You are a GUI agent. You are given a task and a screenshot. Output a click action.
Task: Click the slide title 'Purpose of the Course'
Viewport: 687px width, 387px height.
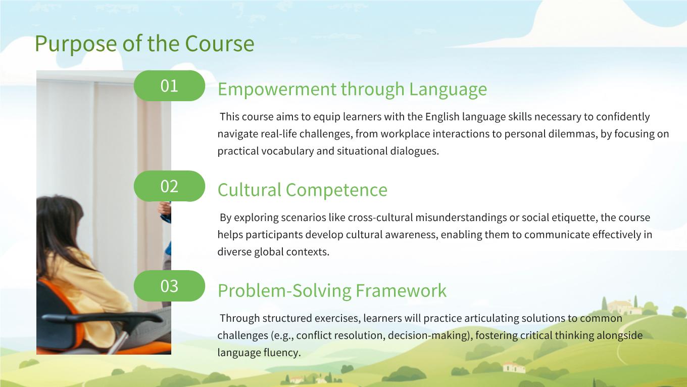point(144,44)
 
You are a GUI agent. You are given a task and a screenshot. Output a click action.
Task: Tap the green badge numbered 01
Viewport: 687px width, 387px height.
point(169,85)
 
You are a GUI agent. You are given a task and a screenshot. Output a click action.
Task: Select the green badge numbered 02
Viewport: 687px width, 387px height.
point(169,186)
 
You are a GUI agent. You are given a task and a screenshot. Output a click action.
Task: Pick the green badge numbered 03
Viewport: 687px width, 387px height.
point(169,286)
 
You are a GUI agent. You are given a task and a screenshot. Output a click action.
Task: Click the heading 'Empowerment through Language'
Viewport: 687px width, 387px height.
point(353,90)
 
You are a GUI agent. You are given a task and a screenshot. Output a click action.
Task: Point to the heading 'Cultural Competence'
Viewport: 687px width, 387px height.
point(303,190)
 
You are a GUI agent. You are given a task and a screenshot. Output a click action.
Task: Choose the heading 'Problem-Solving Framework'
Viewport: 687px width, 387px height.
point(332,290)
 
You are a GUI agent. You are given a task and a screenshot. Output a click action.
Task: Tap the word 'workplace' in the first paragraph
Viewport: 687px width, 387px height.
point(401,134)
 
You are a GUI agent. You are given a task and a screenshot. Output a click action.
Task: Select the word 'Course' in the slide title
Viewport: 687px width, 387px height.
point(220,44)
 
